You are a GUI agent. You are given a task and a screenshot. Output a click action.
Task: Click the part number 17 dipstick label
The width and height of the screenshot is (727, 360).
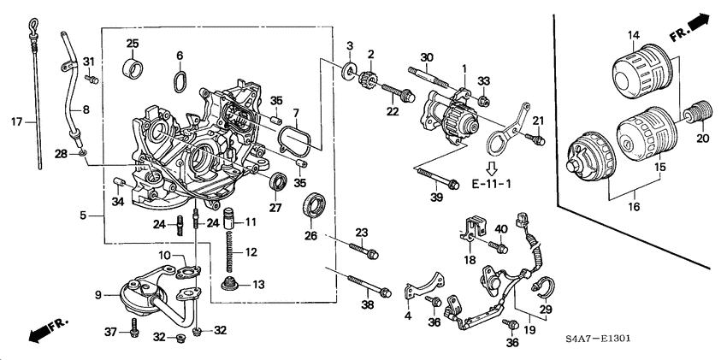(15, 121)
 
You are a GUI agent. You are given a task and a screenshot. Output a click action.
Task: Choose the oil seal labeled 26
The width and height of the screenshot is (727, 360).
(316, 207)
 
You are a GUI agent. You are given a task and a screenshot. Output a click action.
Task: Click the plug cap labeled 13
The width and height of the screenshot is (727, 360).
(229, 283)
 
